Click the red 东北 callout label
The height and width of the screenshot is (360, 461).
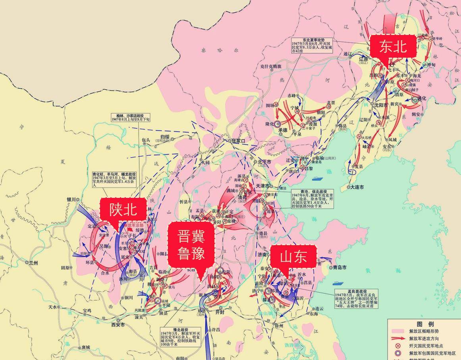pyautogui.click(x=393, y=46)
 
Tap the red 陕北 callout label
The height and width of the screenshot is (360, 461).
pyautogui.click(x=123, y=209)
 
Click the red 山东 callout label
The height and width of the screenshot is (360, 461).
pyautogui.click(x=293, y=256)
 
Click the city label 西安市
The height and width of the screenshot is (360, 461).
pyautogui.click(x=118, y=324)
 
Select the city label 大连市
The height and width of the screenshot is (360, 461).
pyautogui.click(x=357, y=187)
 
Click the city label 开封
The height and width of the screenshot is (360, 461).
pyautogui.click(x=220, y=312)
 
